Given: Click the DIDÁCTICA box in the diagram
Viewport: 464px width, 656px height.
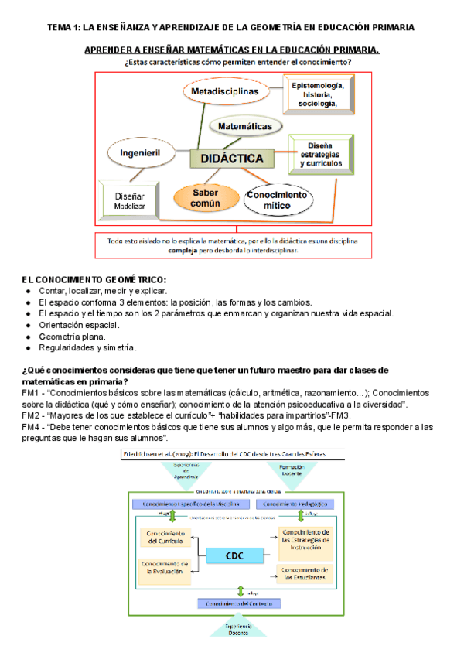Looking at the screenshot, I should pos(231,159).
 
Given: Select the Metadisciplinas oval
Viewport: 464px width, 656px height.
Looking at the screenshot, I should pos(224,92).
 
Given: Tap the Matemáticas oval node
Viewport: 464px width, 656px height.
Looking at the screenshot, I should pos(244,125).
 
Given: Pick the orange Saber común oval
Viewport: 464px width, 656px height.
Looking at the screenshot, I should pos(205,197).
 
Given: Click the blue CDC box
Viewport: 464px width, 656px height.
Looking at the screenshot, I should pos(234,556).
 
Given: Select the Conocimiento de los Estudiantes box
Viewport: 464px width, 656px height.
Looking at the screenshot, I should pos(306,573).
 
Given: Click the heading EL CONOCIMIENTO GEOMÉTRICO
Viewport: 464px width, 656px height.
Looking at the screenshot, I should pos(94,279).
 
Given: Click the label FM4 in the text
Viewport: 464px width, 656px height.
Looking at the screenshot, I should pos(30,426).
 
